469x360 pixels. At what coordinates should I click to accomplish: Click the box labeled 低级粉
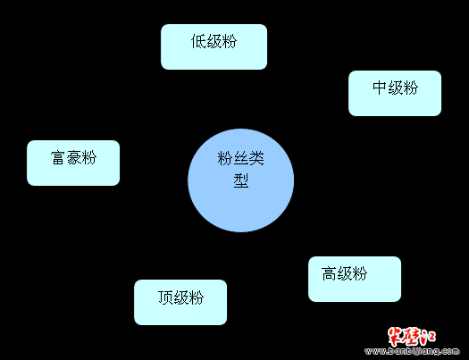[x=214, y=47]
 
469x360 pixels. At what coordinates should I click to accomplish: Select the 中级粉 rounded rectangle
[x=395, y=93]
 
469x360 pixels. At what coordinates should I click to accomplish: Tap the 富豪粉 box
[x=73, y=163]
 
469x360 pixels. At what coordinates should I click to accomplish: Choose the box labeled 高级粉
[x=355, y=279]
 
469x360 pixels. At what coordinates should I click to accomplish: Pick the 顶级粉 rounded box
[x=180, y=302]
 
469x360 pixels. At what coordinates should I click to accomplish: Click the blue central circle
[x=241, y=180]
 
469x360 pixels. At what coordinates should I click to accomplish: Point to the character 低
[x=198, y=41]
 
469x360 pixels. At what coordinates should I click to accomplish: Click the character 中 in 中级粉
[x=380, y=88]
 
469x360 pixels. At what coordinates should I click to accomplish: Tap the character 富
[x=58, y=157]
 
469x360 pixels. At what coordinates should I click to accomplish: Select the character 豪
[x=73, y=157]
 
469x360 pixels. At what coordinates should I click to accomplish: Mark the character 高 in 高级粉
[x=329, y=273]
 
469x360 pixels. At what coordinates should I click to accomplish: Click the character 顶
[x=165, y=297]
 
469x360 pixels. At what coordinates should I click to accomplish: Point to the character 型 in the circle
[x=241, y=180]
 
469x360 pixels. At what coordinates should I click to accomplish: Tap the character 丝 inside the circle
[x=241, y=158]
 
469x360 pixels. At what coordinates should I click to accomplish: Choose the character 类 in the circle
[x=256, y=158]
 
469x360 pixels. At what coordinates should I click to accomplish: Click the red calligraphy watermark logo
[x=412, y=337]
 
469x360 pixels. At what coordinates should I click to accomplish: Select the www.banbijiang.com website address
[x=412, y=351]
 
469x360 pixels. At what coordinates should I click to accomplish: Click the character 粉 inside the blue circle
[x=225, y=158]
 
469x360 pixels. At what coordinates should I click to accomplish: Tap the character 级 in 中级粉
[x=395, y=88]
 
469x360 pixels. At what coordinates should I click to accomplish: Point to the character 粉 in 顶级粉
[x=197, y=297]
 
